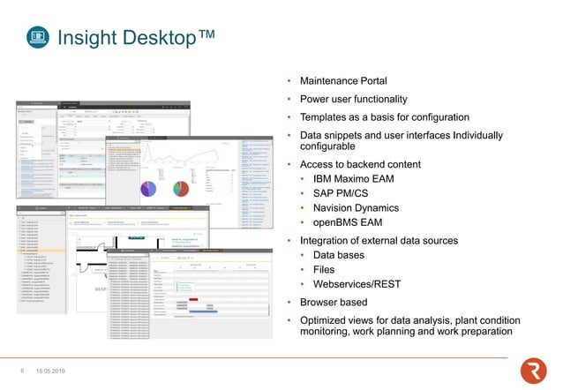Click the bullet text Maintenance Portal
pyautogui.click(x=343, y=80)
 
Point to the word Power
pyautogui.click(x=315, y=99)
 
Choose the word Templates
pyautogui.click(x=327, y=117)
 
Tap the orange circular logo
pyautogui.click(x=533, y=371)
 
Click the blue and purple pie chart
pyautogui.click(x=149, y=190)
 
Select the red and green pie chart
pyautogui.click(x=183, y=190)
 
